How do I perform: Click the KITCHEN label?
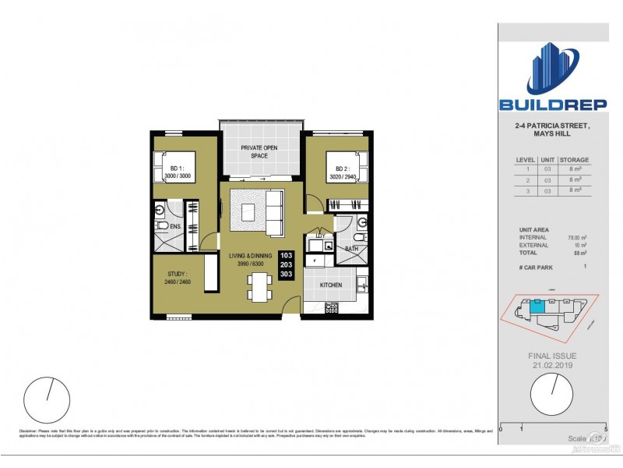(331, 285)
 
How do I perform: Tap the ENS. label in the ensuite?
(175, 227)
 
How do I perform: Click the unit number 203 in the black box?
(287, 265)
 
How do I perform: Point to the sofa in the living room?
(275, 213)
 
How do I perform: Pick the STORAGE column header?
(575, 160)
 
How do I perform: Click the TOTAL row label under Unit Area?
(528, 251)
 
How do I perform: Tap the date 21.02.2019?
(553, 364)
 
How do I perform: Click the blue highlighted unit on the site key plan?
(537, 307)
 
